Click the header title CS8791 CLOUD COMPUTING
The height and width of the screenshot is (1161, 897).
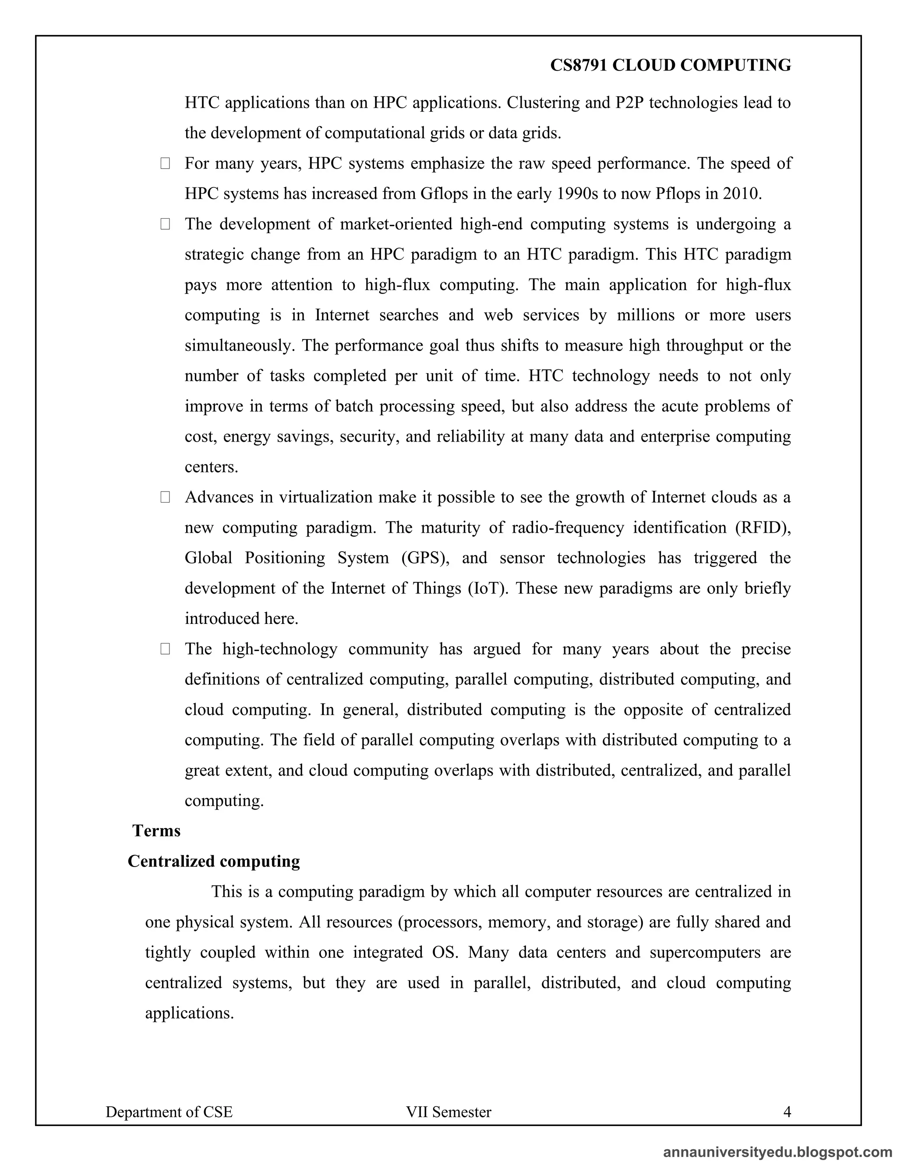point(670,65)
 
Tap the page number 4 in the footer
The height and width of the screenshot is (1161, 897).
point(787,1111)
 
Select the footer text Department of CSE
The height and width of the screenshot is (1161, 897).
point(169,1111)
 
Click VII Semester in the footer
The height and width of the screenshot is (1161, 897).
point(448,1111)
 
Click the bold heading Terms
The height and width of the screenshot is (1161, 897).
point(156,830)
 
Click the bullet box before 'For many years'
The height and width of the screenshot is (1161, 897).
point(165,164)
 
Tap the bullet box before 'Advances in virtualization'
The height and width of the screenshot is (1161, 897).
point(165,498)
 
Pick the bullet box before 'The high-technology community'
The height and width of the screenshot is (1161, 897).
point(165,649)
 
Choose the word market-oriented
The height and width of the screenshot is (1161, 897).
point(396,224)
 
